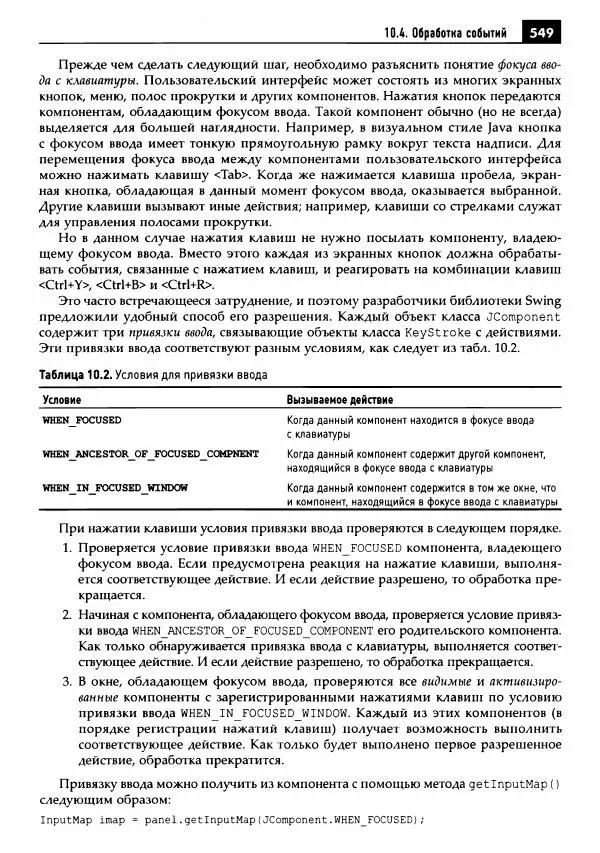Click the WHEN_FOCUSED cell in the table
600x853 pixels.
81,421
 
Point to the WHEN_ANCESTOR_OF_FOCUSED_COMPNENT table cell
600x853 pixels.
150,454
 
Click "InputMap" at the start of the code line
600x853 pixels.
63,820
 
